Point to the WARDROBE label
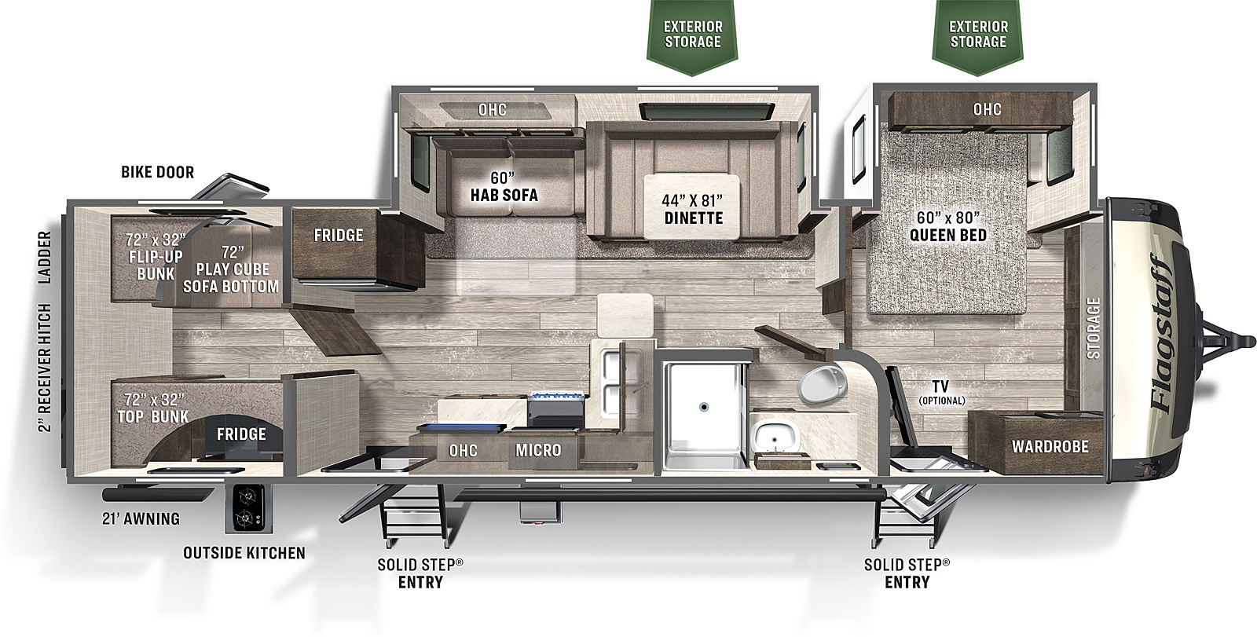pyautogui.click(x=1050, y=447)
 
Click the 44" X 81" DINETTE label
pyautogui.click(x=694, y=210)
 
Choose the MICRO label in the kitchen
pyautogui.click(x=538, y=450)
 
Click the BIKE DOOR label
pyautogui.click(x=158, y=172)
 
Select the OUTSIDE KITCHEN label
pyautogui.click(x=244, y=554)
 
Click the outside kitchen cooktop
pyautogui.click(x=248, y=508)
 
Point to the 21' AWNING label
pyautogui.click(x=141, y=518)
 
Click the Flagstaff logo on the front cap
pyautogui.click(x=1162, y=334)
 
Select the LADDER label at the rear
pyautogui.click(x=44, y=258)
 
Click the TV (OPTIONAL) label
pyautogui.click(x=942, y=392)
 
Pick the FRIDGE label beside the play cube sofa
pyautogui.click(x=339, y=235)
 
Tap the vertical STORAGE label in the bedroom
pyautogui.click(x=1093, y=328)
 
